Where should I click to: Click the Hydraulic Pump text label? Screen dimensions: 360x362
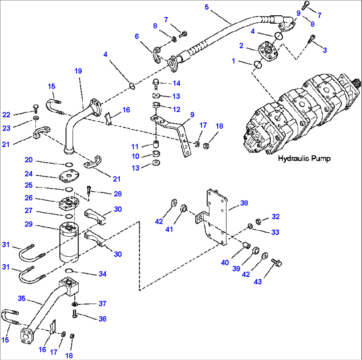click(304, 159)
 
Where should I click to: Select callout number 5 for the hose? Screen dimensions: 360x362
click(207, 7)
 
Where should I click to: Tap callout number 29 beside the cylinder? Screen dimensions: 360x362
click(29, 225)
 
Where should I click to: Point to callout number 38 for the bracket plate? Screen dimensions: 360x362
click(244, 203)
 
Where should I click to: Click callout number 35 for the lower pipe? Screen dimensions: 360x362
click(22, 299)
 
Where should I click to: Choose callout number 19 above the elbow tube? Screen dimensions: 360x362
click(78, 71)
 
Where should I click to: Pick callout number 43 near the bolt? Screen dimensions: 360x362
click(258, 282)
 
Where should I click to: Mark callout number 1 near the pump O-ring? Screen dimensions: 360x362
click(234, 61)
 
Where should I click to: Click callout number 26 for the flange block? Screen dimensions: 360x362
click(29, 198)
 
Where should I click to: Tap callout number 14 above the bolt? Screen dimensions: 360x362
click(176, 83)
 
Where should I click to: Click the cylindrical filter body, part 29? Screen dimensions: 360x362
click(69, 243)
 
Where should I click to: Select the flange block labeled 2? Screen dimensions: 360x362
click(268, 50)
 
